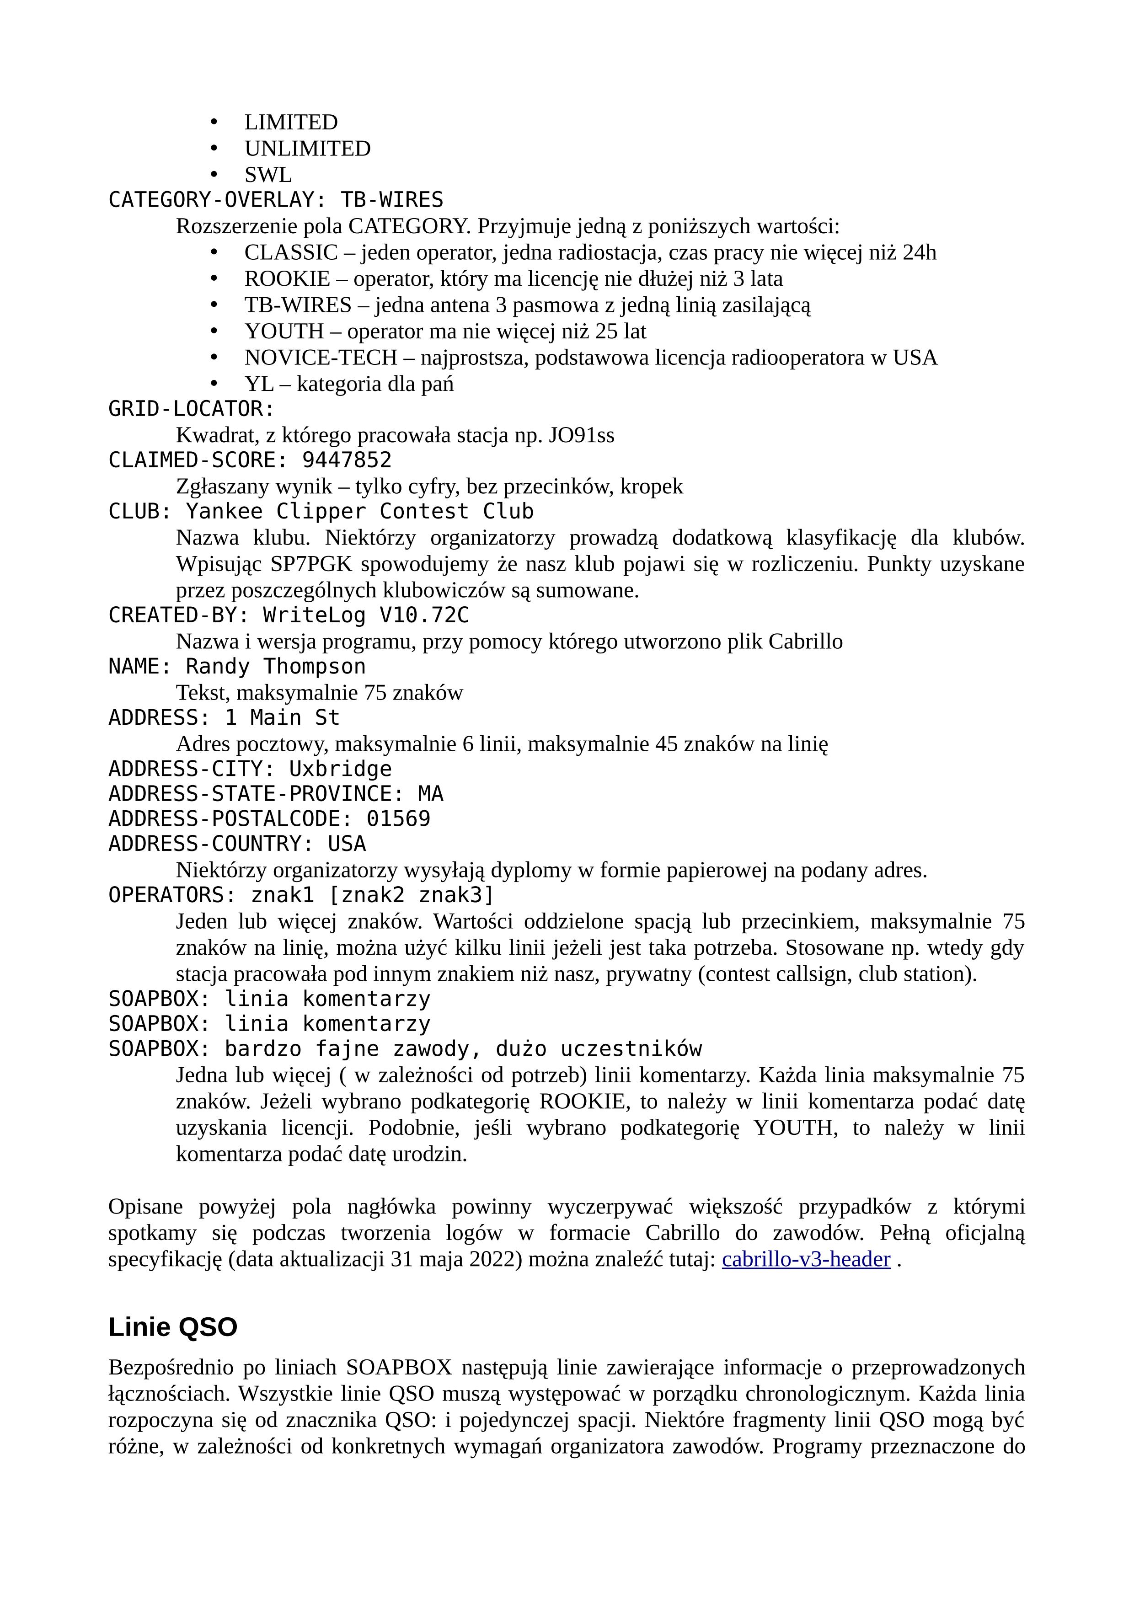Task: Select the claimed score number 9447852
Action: pyautogui.click(x=347, y=460)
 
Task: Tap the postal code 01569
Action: pyautogui.click(x=398, y=819)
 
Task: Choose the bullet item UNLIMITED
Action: pyautogui.click(x=307, y=149)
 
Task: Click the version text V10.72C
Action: pyautogui.click(x=424, y=615)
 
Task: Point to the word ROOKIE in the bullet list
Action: pyautogui.click(x=287, y=279)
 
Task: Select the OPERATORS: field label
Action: pyautogui.click(x=172, y=895)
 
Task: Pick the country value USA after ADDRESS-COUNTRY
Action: pyautogui.click(x=347, y=844)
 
